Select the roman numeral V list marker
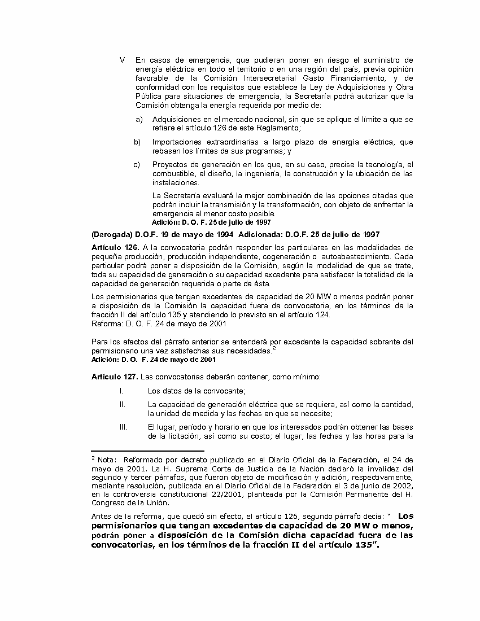point(122,60)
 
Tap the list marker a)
point(139,119)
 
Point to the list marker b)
point(137,142)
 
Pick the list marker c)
point(137,164)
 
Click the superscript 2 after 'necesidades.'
point(273,348)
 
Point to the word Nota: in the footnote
point(107,460)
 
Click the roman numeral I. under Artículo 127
point(121,391)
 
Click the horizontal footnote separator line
point(147,451)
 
